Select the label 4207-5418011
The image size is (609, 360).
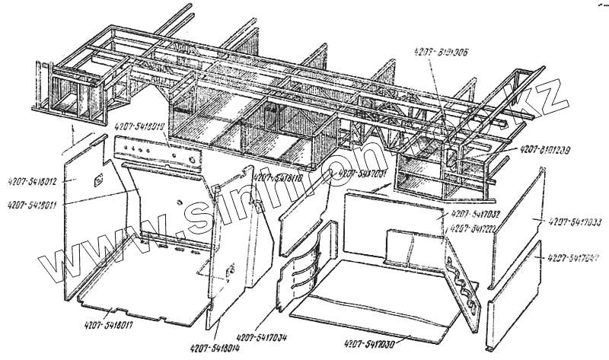tap(35, 204)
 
